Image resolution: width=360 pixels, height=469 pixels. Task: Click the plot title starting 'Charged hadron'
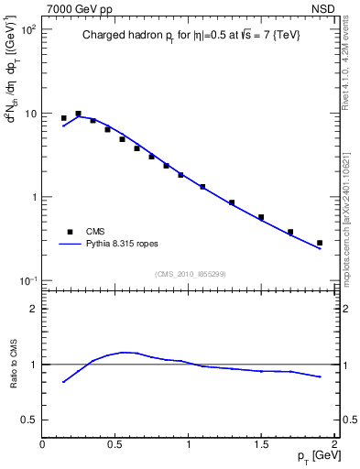(189, 36)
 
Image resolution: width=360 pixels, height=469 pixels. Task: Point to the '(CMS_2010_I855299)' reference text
(190, 274)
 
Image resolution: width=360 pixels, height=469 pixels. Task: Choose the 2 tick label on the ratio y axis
(34, 309)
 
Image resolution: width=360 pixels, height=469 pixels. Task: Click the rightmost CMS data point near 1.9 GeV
(320, 243)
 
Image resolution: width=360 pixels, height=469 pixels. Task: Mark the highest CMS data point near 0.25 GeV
(79, 114)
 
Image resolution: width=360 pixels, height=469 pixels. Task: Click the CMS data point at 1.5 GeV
(261, 217)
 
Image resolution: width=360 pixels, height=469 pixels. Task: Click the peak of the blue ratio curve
(125, 352)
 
